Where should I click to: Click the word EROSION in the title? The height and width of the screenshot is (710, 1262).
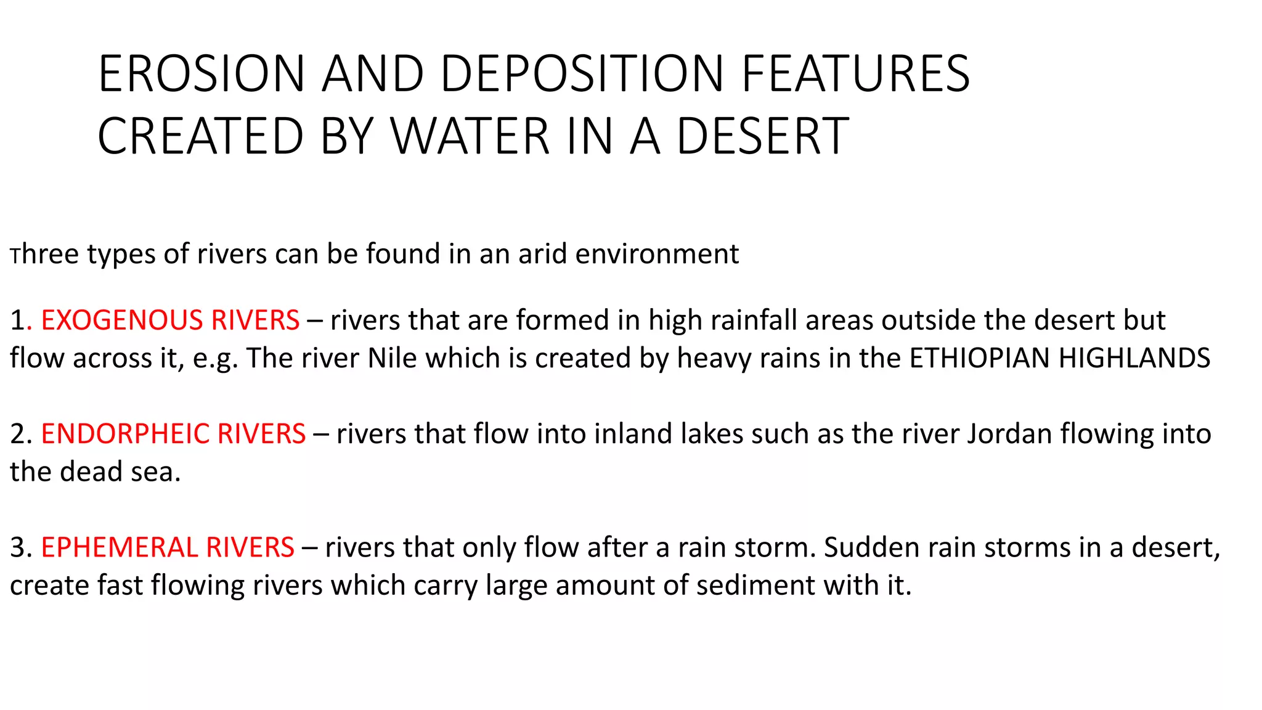[202, 74]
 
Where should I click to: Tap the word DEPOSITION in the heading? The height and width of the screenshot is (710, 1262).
[582, 74]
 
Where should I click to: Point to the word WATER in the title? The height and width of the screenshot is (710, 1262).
[470, 136]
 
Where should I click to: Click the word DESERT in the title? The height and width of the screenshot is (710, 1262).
[762, 136]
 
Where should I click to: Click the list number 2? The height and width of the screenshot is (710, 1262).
[17, 434]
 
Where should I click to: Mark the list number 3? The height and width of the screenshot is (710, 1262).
[17, 547]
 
